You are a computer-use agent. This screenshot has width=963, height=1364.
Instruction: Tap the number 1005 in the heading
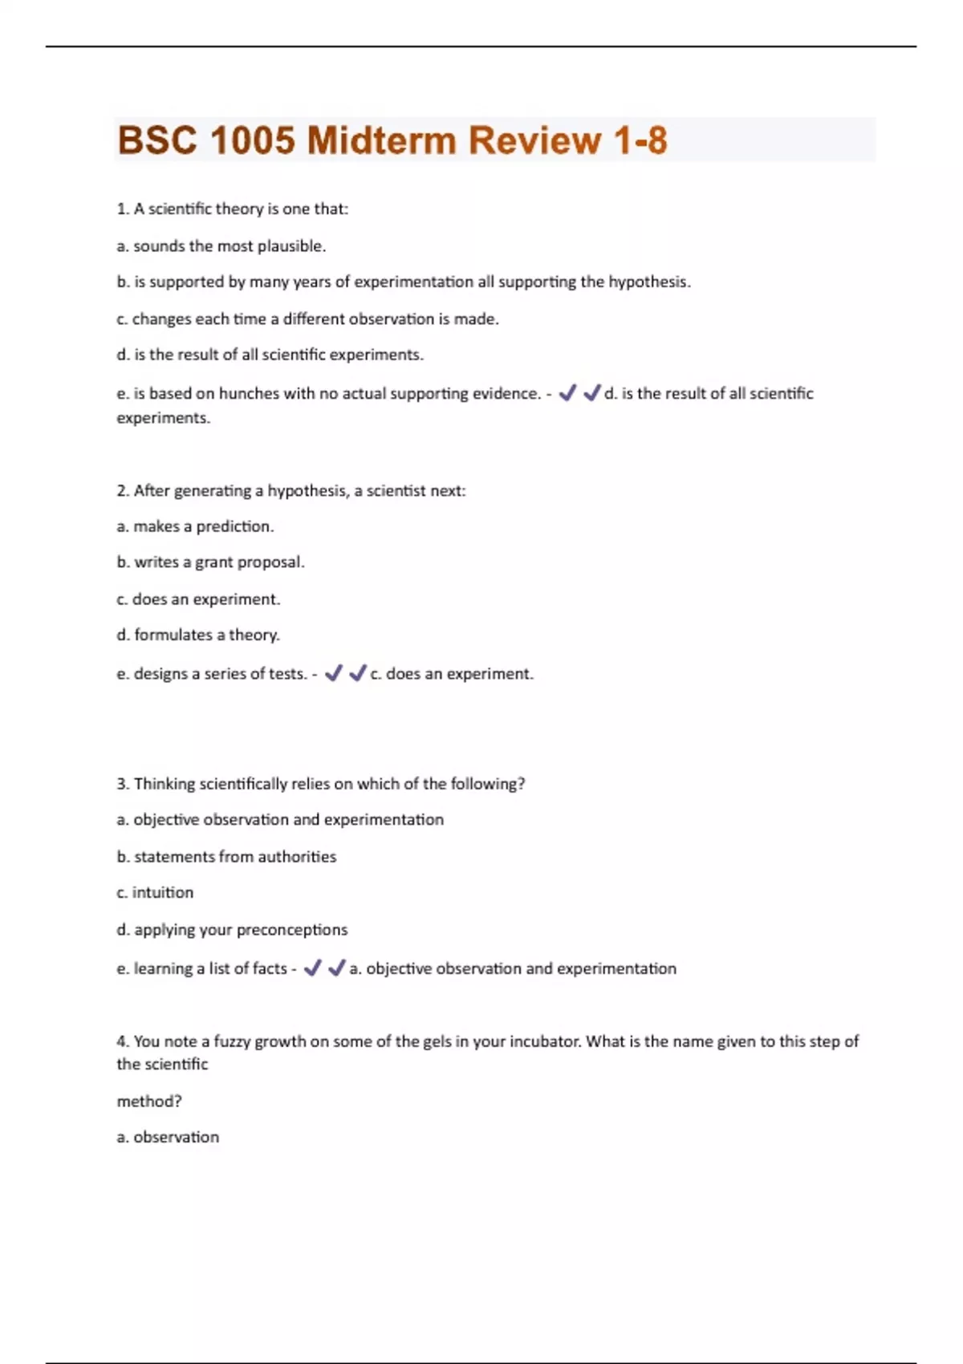[253, 140]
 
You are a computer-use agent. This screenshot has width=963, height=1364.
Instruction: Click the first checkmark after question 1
[567, 393]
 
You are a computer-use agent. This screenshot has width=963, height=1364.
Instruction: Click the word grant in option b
[213, 562]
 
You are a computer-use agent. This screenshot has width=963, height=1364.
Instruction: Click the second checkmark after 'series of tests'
[358, 673]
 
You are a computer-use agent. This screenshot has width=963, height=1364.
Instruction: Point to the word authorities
[297, 857]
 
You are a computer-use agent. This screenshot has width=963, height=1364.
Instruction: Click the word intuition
[163, 893]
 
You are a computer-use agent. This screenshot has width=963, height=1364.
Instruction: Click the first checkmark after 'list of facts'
[313, 968]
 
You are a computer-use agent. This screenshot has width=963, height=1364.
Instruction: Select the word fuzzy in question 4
[231, 1041]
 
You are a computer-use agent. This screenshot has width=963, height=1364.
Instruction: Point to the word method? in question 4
[149, 1102]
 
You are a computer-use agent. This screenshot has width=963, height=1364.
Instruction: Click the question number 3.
[122, 784]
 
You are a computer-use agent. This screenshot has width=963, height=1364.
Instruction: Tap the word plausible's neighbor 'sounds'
[159, 246]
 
